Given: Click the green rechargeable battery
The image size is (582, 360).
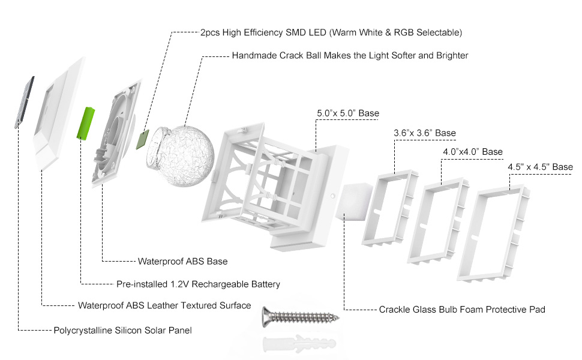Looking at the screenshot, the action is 86,124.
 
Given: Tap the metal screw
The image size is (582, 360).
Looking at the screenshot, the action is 300,317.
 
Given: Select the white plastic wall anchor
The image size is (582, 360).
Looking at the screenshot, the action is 299,344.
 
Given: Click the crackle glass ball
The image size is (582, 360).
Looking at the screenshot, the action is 181,156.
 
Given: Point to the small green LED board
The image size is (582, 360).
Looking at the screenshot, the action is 143,139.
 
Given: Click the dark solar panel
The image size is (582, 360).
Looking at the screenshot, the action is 25,102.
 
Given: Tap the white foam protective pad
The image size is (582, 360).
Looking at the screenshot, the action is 354,202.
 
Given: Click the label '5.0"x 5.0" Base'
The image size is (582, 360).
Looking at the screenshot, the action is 348,113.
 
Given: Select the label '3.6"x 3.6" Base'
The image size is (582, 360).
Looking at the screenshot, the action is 425,133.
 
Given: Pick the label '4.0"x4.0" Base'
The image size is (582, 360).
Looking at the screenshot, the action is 473,152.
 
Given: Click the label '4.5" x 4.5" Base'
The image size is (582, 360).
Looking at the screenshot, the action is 540,167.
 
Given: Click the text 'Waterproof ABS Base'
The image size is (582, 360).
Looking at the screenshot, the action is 182,261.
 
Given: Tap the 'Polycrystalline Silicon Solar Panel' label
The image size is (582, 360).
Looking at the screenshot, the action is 122,331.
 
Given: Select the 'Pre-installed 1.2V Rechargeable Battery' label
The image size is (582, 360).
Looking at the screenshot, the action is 198,284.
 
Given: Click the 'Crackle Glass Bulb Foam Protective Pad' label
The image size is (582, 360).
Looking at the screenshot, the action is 462,310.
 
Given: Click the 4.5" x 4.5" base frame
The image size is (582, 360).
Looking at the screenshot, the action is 493,233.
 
